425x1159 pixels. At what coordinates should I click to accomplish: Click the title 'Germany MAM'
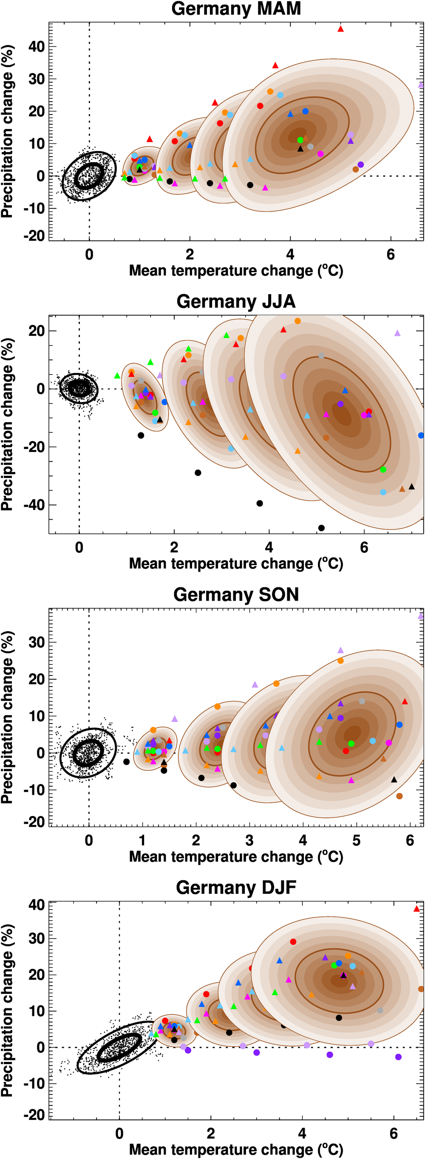click(x=236, y=9)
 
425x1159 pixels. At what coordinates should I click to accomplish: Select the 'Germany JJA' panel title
click(x=236, y=301)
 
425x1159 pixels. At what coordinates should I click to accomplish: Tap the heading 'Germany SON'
click(x=236, y=594)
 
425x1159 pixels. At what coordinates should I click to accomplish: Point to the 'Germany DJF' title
click(x=236, y=887)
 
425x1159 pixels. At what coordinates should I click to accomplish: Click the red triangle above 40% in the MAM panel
click(x=340, y=29)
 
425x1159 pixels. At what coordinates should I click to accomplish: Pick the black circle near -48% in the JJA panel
click(x=321, y=528)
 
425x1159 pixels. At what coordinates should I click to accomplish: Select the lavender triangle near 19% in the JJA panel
click(x=397, y=333)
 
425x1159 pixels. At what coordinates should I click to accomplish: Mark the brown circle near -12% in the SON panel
click(x=399, y=796)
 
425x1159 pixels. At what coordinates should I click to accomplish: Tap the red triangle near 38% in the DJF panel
click(x=416, y=908)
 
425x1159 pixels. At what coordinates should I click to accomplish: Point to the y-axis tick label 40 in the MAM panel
click(x=36, y=46)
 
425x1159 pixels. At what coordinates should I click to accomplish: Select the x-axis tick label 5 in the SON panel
click(x=356, y=841)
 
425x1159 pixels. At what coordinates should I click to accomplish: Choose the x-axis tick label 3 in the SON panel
click(x=249, y=841)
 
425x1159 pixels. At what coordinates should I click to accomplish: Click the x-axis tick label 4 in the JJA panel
click(x=269, y=547)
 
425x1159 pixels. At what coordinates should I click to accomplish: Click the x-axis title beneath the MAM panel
click(x=236, y=271)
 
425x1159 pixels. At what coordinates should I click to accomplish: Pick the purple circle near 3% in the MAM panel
click(x=360, y=165)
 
